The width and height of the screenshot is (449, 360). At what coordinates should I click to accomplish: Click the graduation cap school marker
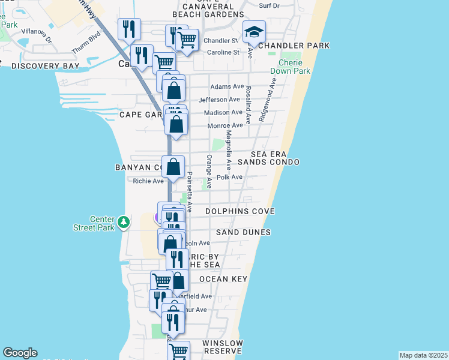(x=255, y=32)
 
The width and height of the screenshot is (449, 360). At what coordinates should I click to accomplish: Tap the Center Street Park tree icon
(x=124, y=222)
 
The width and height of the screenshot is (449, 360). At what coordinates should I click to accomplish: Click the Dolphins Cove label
(x=240, y=211)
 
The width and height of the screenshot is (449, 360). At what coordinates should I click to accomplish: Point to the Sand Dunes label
(x=243, y=232)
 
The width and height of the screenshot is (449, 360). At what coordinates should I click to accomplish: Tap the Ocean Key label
(x=223, y=279)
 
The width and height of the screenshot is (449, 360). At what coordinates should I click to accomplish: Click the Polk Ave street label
(x=229, y=177)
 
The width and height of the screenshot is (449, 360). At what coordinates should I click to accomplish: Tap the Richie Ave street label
(x=148, y=181)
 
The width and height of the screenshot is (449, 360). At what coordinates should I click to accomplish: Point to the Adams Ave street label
(x=226, y=86)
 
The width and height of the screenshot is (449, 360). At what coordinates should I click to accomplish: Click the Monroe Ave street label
(x=224, y=125)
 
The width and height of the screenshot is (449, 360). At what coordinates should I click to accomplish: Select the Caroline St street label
(x=223, y=52)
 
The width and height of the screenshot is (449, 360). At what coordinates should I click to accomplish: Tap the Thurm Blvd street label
(x=83, y=43)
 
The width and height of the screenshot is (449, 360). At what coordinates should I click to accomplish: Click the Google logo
(x=20, y=353)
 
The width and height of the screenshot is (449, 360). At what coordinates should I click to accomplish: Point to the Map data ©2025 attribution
(x=423, y=355)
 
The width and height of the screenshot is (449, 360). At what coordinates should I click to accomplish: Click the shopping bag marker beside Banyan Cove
(x=173, y=167)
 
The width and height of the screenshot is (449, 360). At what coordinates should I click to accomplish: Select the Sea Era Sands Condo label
(x=268, y=158)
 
